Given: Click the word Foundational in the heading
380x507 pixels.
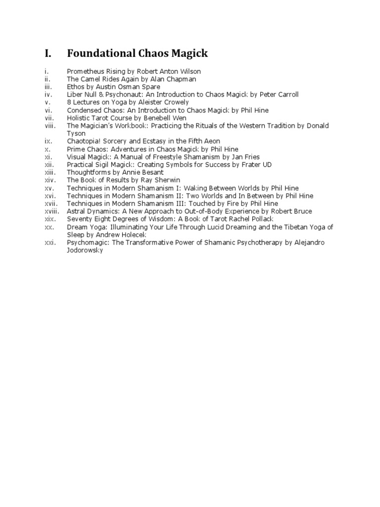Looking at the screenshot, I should tap(101, 53).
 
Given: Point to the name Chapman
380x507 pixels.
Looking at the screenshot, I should tap(182, 79).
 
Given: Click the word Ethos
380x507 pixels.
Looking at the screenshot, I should tap(75, 87).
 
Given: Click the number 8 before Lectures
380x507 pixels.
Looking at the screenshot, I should tap(69, 102).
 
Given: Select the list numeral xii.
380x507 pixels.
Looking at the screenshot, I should tap(48, 164).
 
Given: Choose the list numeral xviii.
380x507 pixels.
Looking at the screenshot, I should tap(51, 211).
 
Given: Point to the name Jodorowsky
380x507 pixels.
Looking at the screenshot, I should tap(85, 250).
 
